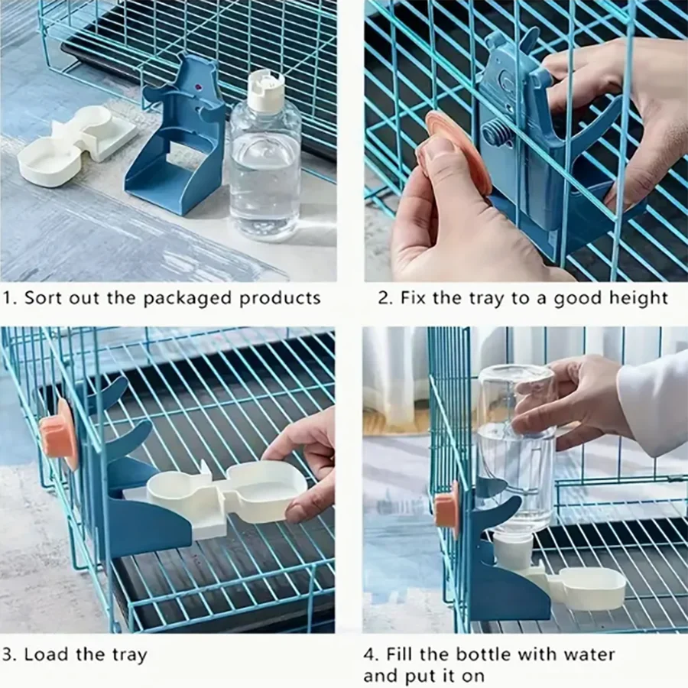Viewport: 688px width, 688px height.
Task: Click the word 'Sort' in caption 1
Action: click(43, 297)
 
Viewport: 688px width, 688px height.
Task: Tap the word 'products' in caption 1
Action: click(280, 298)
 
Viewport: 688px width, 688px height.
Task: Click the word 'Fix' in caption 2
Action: click(413, 297)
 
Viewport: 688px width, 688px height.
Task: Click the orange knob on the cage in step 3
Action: click(60, 433)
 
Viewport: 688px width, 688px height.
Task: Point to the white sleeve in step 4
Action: click(654, 401)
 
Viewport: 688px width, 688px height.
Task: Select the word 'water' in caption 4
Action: click(589, 654)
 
